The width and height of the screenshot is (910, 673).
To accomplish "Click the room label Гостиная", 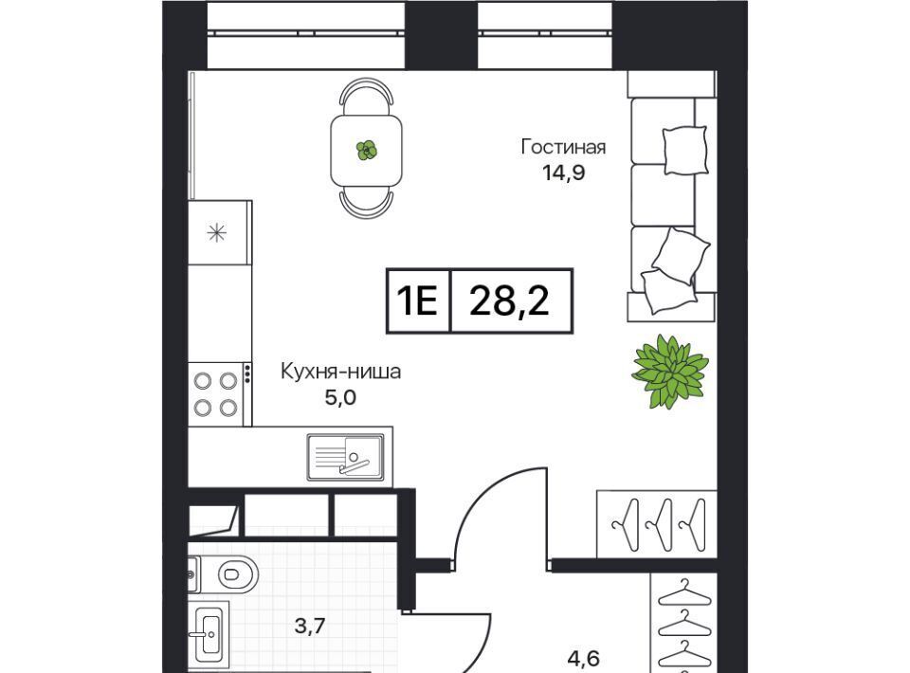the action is tap(563, 147).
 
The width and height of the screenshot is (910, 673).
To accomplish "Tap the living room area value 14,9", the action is tap(563, 173).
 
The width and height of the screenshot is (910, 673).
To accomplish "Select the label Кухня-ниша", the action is tap(340, 372).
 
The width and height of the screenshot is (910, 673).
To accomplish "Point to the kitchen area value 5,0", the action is tap(340, 398).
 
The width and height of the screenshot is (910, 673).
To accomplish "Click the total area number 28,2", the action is tap(509, 301).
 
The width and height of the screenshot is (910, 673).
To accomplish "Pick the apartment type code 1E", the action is tap(417, 301).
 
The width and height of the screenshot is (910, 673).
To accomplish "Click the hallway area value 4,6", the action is tap(583, 659).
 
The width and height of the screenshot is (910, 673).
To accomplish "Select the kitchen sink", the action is tap(345, 457).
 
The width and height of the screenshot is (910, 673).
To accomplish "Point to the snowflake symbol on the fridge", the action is tap(217, 232).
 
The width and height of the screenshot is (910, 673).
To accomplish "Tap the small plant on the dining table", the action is tap(366, 151).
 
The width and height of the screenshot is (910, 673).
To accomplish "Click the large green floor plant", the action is tap(670, 372).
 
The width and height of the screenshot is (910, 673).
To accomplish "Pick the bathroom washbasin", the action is tap(209, 634).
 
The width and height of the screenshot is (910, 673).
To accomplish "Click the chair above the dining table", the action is tap(366, 97).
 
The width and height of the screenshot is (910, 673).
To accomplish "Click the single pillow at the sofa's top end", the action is tap(685, 151).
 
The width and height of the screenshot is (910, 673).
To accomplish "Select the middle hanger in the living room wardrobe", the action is tap(660, 524).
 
